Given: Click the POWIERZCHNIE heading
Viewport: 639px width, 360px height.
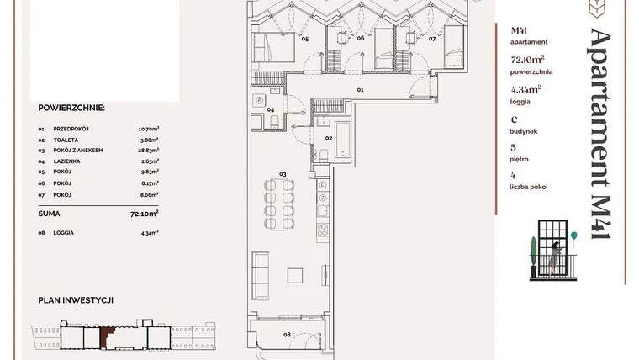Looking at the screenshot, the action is tap(71, 108).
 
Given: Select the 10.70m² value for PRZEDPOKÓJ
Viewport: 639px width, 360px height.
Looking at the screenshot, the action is tap(148, 129).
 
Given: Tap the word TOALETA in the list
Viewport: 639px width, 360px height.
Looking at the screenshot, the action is tap(66, 140).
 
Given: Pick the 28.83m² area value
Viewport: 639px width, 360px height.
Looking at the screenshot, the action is tap(148, 150).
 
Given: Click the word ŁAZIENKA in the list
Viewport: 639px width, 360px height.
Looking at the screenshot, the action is tap(66, 161).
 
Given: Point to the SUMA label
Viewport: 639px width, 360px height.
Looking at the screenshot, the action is tap(49, 214).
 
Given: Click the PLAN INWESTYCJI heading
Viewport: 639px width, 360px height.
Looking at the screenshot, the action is tap(76, 300).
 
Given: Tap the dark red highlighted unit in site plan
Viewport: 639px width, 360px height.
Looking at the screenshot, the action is tap(107, 337).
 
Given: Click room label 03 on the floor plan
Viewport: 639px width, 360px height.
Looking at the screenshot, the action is tap(283, 174).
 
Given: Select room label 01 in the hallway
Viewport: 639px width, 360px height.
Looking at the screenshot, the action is tap(360, 90).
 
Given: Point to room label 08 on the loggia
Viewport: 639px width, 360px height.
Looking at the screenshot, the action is tap(287, 335).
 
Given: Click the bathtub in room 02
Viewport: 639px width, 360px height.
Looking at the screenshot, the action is tap(343, 140).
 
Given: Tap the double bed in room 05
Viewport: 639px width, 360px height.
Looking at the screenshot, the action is tap(274, 47).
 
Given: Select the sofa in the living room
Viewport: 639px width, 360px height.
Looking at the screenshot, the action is tap(260, 276).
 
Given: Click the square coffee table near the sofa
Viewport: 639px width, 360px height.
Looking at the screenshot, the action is tap(294, 276).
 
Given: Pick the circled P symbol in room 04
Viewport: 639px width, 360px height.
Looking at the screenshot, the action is tap(259, 100).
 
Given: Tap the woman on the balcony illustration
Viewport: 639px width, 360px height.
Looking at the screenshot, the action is tap(555, 257).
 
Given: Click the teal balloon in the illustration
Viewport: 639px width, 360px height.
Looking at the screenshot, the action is tap(573, 236).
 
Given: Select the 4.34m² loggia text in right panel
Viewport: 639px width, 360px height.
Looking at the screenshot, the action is tap(526, 89).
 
